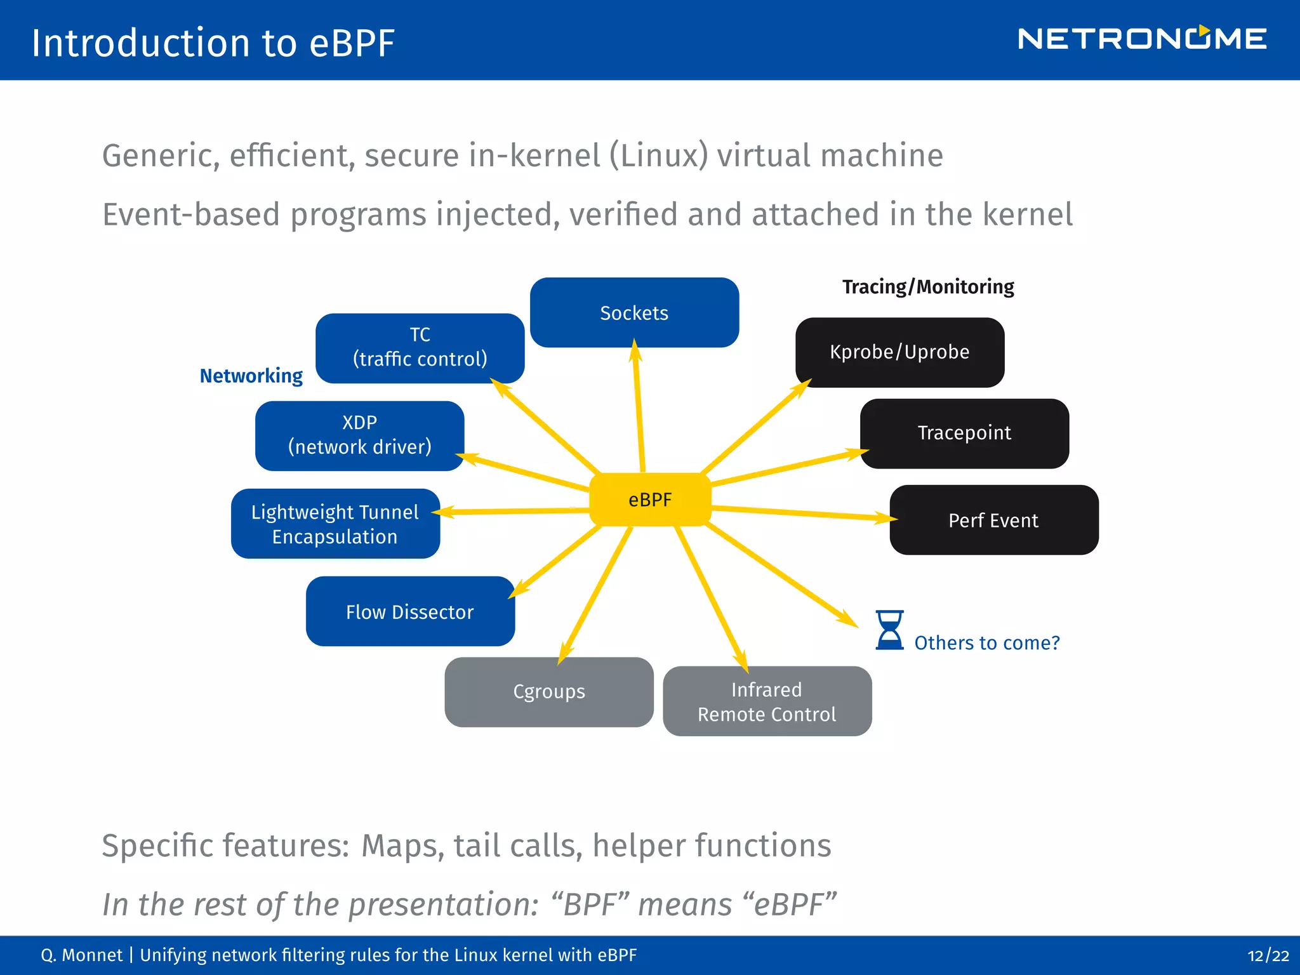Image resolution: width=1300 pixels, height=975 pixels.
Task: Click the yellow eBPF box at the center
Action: pyautogui.click(x=650, y=500)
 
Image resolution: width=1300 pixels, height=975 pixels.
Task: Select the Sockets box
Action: pyautogui.click(x=634, y=312)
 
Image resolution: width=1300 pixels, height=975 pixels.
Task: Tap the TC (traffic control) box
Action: pyautogui.click(x=420, y=348)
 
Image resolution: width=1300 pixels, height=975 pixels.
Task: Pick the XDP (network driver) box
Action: pyautogui.click(x=359, y=435)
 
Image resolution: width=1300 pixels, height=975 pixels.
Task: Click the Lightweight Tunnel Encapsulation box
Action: pyautogui.click(x=335, y=524)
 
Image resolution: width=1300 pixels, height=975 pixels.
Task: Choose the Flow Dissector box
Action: pyautogui.click(x=410, y=611)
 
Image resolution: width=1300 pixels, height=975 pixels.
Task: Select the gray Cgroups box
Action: pyautogui.click(x=549, y=692)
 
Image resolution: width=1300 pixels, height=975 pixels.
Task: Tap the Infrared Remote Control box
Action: pyautogui.click(x=767, y=701)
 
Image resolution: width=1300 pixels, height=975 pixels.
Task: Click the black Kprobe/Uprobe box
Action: pyautogui.click(x=899, y=352)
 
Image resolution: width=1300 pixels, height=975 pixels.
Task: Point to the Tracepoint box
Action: pyautogui.click(x=964, y=434)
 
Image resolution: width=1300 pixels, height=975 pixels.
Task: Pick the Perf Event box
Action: pyautogui.click(x=993, y=521)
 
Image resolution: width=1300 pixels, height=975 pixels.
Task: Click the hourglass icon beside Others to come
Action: pyautogui.click(x=889, y=630)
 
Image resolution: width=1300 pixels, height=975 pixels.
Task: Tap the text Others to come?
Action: pyautogui.click(x=987, y=643)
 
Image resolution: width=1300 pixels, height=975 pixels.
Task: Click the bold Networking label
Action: pyautogui.click(x=251, y=376)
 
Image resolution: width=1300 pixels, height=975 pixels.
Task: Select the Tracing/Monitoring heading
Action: pyautogui.click(x=927, y=287)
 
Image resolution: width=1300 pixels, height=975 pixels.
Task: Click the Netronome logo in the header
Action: pyautogui.click(x=1142, y=39)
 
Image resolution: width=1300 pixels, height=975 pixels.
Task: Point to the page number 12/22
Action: pyautogui.click(x=1268, y=956)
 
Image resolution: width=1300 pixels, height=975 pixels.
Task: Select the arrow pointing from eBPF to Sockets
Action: pyautogui.click(x=639, y=406)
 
